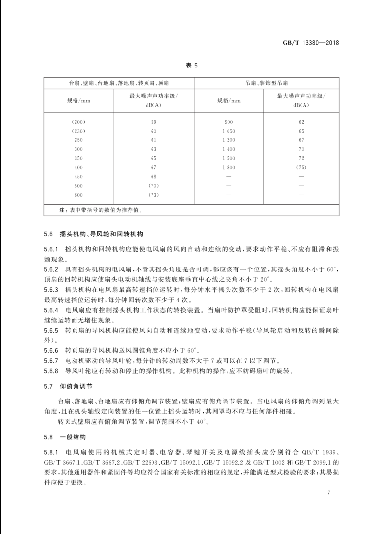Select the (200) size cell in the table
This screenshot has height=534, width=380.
coord(78,122)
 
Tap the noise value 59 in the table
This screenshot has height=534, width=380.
coord(153,122)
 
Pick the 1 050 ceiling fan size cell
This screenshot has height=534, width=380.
coord(229,131)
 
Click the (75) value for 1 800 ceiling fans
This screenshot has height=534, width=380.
coord(301,167)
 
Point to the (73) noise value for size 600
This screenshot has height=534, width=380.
coord(153,195)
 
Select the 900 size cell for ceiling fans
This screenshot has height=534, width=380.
coord(229,122)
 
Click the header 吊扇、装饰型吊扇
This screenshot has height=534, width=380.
coord(266,83)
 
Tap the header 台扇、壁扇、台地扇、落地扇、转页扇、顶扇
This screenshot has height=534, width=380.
coord(119,83)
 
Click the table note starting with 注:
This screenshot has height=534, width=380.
coord(100,210)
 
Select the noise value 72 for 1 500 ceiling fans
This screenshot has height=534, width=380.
coord(301,158)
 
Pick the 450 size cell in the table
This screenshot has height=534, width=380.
coord(78,176)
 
